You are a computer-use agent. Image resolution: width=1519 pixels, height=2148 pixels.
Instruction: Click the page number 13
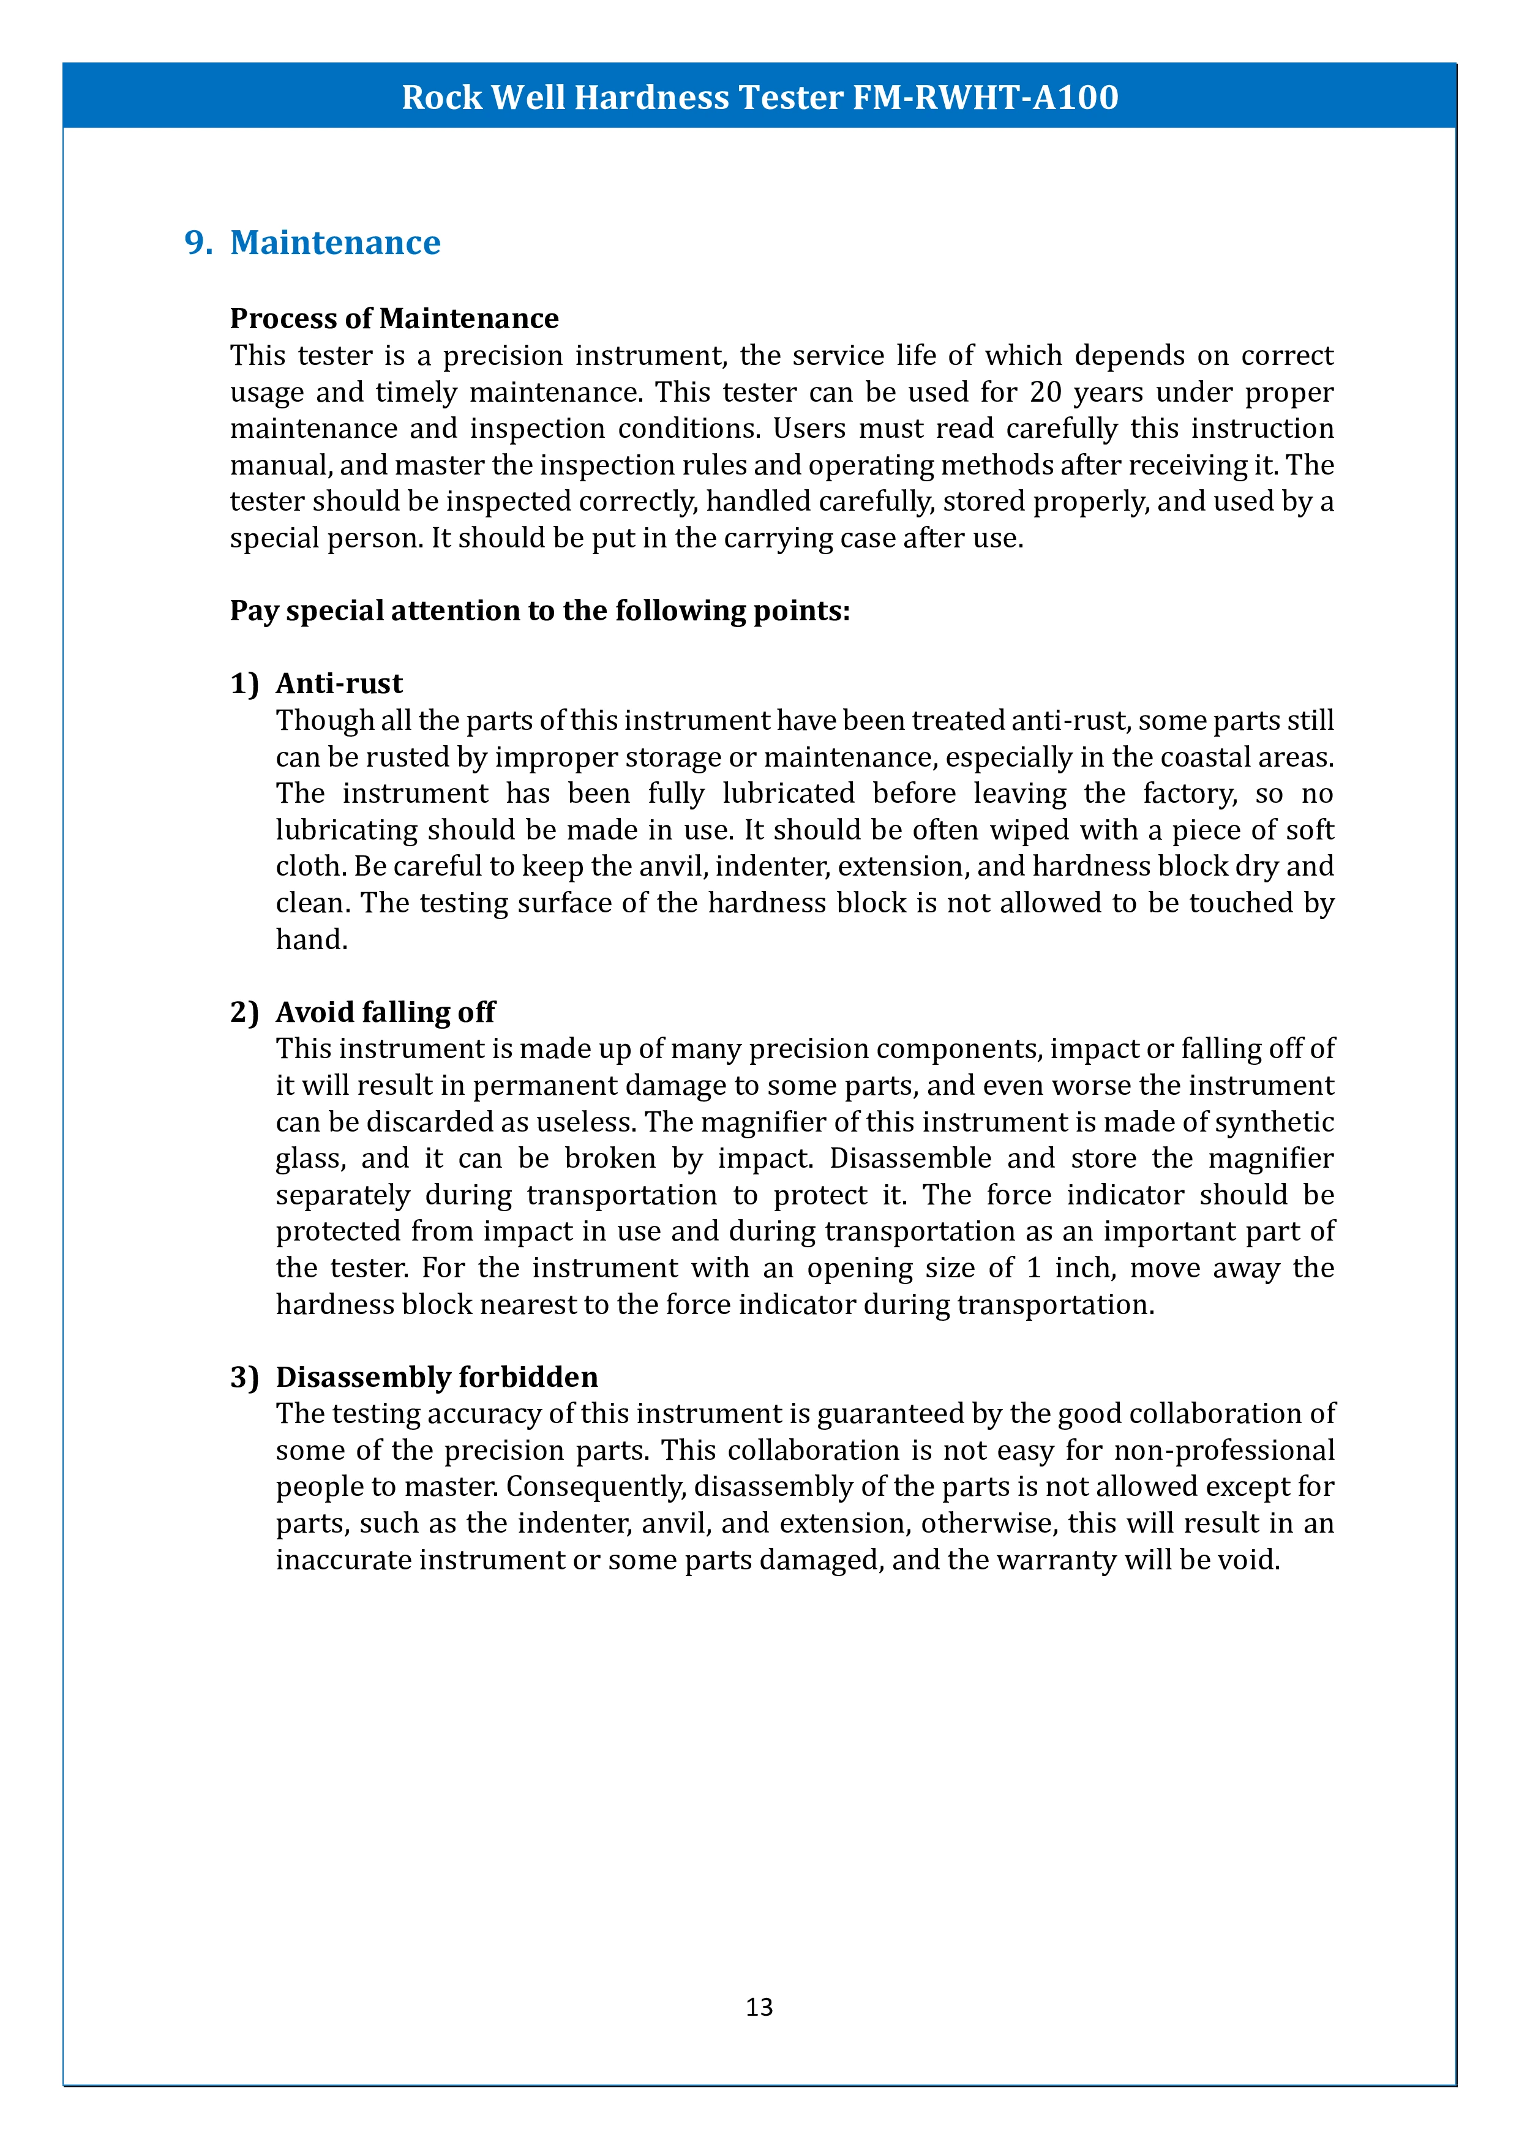pos(759,2007)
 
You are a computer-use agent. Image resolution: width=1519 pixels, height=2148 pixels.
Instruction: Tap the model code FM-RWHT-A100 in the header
pos(985,97)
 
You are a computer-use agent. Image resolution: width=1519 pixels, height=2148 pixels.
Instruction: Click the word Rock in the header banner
pos(441,97)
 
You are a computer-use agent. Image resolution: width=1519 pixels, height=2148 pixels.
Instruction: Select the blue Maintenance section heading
pos(335,242)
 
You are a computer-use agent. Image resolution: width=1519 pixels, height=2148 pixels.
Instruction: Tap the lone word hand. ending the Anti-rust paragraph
pos(312,939)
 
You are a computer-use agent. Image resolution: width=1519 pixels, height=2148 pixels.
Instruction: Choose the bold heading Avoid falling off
pos(385,1012)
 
